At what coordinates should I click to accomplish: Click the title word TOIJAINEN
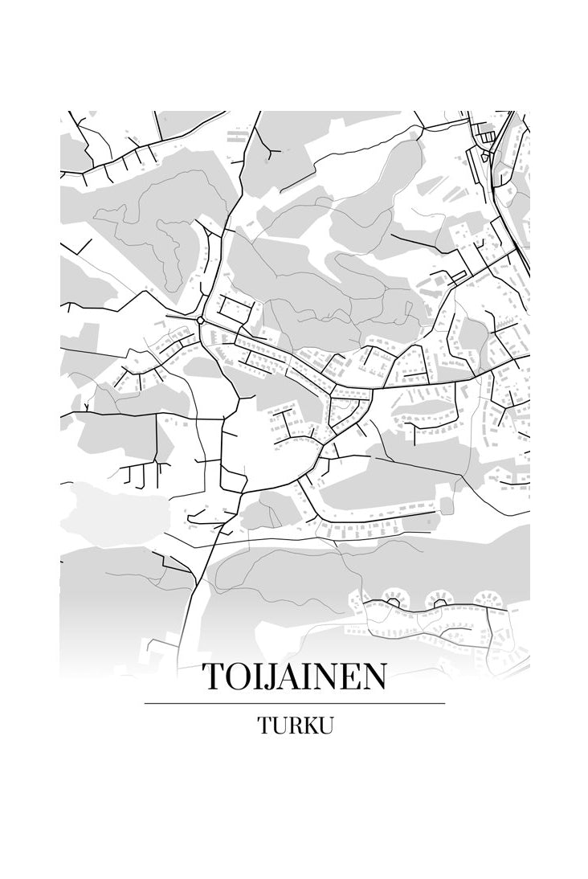click(294, 677)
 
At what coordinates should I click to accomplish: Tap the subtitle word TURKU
click(295, 726)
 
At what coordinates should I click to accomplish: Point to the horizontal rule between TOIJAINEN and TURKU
click(294, 703)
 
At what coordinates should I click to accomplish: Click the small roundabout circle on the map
click(200, 320)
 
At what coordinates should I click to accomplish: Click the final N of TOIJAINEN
click(374, 677)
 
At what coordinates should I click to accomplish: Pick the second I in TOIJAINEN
click(308, 677)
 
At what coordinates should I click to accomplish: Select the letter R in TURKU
click(290, 726)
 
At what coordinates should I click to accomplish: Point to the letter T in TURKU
click(264, 726)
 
